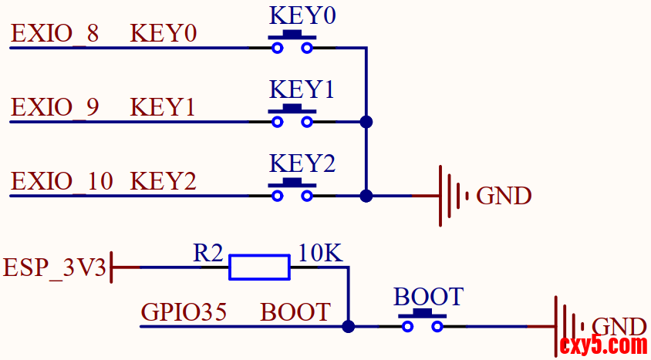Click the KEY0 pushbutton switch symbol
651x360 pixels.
[292, 43]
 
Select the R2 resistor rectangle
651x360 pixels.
[259, 267]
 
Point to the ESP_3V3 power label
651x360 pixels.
[54, 267]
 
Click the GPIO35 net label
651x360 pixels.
[184, 312]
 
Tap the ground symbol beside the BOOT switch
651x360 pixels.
[568, 326]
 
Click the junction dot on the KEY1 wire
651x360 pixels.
[366, 122]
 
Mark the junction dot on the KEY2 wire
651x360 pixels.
[366, 196]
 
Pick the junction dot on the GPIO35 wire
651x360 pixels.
[349, 327]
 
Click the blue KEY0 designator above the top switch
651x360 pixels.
[302, 15]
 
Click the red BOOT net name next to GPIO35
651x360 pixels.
[295, 312]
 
